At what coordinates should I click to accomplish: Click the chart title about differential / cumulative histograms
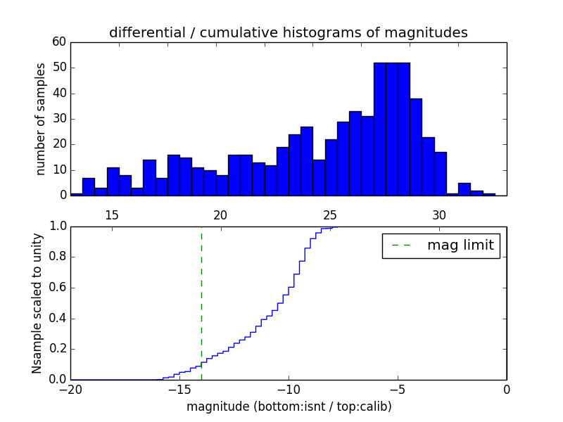[288, 33]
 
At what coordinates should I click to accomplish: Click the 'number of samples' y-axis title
[41, 119]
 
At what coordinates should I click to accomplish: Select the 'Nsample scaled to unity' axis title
[37, 302]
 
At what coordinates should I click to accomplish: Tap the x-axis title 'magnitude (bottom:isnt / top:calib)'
[289, 407]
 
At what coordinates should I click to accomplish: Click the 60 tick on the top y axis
[59, 42]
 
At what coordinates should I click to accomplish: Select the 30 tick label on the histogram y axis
[59, 119]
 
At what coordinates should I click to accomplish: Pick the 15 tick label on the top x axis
[112, 215]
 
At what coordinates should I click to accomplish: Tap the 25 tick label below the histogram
[331, 215]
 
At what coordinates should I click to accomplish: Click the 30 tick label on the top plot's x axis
[439, 215]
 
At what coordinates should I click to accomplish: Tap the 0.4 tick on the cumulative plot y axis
[57, 318]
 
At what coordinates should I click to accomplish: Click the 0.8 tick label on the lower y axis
[57, 257]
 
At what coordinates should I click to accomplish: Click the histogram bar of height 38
[416, 147]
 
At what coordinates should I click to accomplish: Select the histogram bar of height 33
[355, 153]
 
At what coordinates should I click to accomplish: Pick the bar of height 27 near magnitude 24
[307, 161]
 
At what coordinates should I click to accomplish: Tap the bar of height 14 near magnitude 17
[149, 178]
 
